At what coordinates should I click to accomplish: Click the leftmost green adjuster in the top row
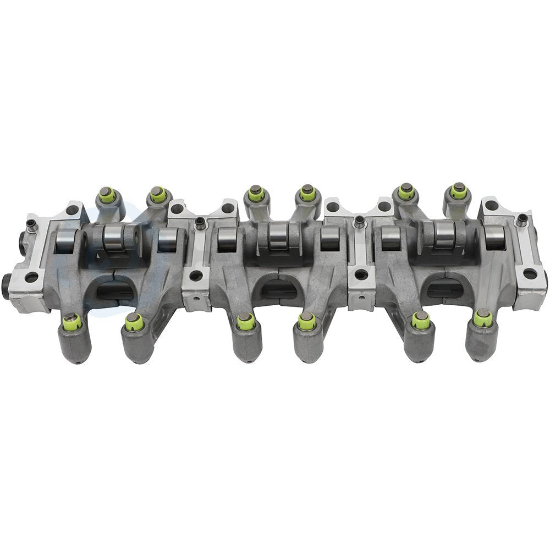[108, 195]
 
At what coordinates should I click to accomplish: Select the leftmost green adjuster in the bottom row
[72, 323]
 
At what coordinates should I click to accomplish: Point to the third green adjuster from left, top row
[255, 194]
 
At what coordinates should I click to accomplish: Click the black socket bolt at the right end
[522, 221]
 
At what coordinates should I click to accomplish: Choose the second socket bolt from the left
[200, 223]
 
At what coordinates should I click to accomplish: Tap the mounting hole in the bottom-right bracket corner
[529, 274]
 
